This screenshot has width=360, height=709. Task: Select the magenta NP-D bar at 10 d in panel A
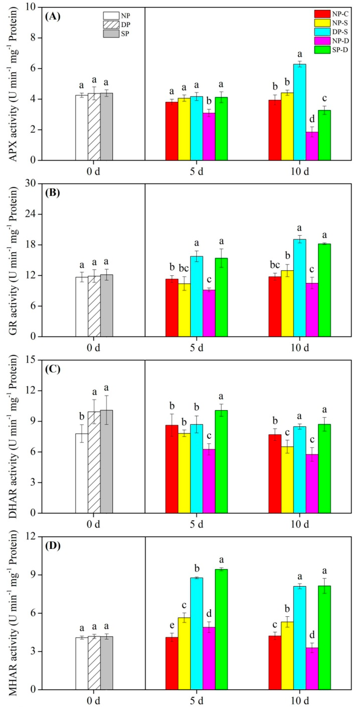click(x=312, y=146)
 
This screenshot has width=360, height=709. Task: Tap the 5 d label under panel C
click(x=196, y=524)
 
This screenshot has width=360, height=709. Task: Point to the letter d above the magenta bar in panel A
click(x=312, y=119)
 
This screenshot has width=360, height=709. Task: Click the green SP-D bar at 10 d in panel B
click(x=324, y=290)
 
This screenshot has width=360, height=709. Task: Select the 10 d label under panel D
click(x=300, y=701)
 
